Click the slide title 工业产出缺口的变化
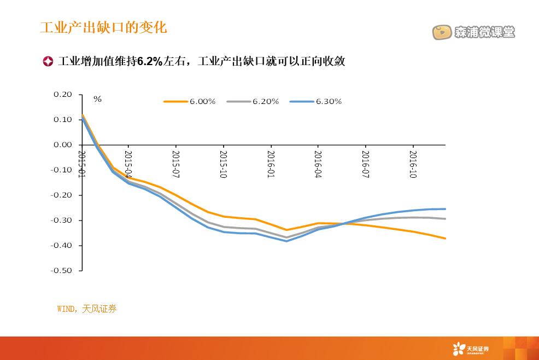(103, 27)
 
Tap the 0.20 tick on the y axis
(63, 95)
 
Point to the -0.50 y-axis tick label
(61, 270)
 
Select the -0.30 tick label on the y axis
(61, 220)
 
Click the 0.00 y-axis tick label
(63, 145)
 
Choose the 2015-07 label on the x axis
(176, 164)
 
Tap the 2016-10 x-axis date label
(413, 164)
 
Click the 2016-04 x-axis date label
(318, 164)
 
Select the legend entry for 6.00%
(202, 101)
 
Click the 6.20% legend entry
(265, 101)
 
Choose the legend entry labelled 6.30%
(329, 101)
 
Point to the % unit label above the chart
(97, 99)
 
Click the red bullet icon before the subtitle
(48, 61)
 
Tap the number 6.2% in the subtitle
(149, 61)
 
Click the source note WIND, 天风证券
(87, 309)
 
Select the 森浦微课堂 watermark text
(484, 32)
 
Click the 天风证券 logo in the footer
(471, 349)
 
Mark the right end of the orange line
(445, 239)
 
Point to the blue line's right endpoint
(445, 208)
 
